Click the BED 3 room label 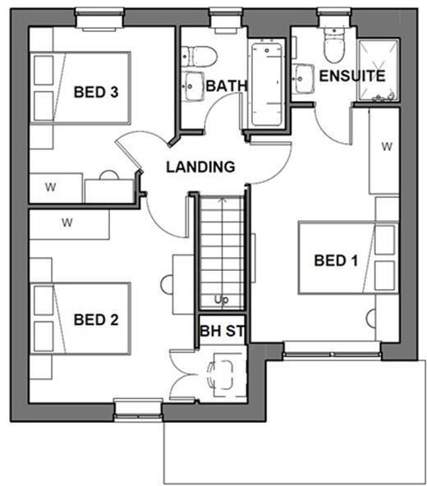95,92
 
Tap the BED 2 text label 95,319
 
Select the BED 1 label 337,261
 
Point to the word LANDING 200,167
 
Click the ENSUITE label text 351,76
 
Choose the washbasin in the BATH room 193,85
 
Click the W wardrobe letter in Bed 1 386,148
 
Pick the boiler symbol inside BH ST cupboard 224,374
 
